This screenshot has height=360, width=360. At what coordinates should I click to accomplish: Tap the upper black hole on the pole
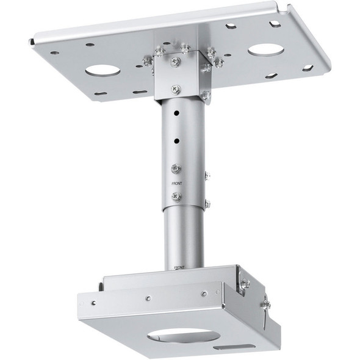tap(176, 113)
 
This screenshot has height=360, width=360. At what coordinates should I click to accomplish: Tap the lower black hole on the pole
tap(176, 141)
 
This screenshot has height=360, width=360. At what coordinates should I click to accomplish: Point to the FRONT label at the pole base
tap(179, 267)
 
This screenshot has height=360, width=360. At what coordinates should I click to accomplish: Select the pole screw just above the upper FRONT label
tap(176, 168)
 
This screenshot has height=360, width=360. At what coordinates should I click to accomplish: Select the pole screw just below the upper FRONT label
tap(176, 196)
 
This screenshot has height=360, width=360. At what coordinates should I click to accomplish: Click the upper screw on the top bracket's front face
tap(176, 62)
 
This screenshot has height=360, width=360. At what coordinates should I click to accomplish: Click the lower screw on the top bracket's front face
tap(176, 88)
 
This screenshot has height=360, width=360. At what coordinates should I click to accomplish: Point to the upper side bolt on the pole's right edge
tap(207, 175)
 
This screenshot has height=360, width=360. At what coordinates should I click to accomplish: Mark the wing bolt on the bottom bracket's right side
tap(265, 304)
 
